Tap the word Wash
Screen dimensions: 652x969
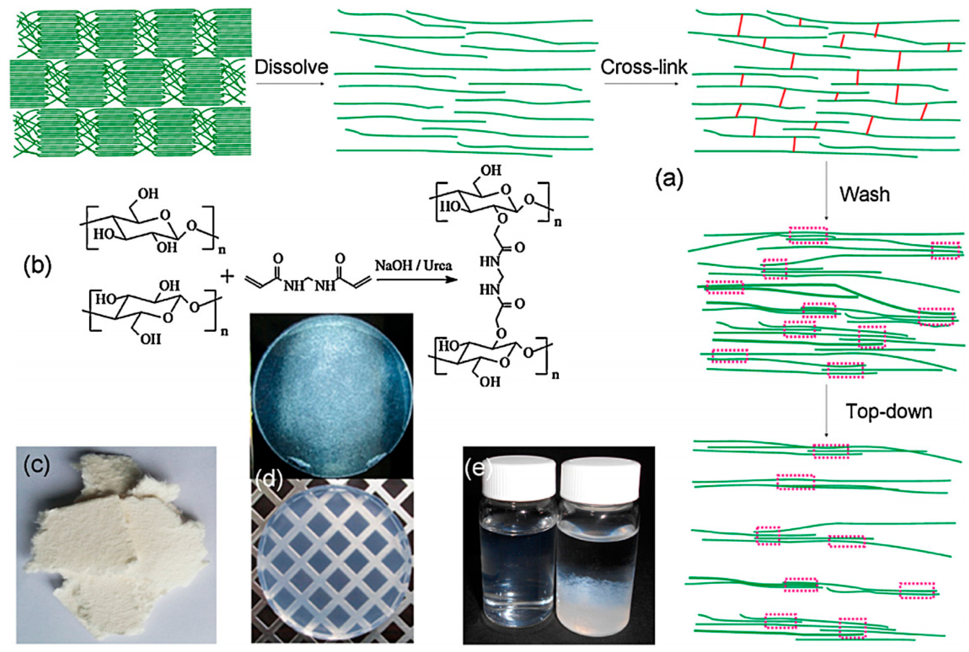click(x=864, y=194)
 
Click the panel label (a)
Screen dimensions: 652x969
click(x=669, y=180)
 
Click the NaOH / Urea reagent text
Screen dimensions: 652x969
click(x=413, y=265)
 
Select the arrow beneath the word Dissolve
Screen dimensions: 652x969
click(x=290, y=84)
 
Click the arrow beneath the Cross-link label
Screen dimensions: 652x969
click(x=641, y=84)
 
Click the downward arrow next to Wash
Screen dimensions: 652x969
click(x=826, y=191)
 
